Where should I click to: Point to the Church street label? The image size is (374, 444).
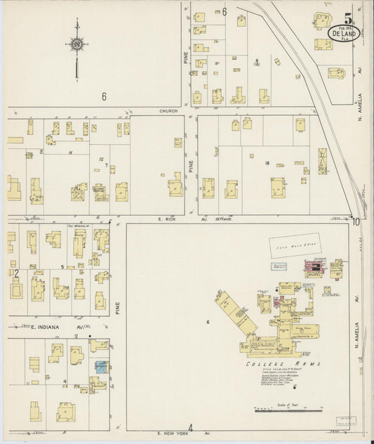coord(168,111)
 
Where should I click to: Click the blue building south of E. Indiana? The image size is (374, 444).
coord(102,367)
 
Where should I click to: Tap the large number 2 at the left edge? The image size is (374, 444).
coord(15,273)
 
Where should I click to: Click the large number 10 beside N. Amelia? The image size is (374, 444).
coord(356,221)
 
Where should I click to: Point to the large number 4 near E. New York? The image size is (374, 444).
coord(190,427)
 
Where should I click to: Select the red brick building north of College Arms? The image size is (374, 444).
coord(314,267)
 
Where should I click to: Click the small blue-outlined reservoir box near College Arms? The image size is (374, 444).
coord(281,266)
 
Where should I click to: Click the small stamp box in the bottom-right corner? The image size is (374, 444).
coord(344,422)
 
